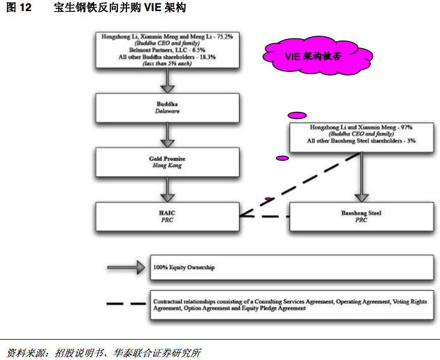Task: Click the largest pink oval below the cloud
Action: (297, 115)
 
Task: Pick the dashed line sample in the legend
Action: (126, 303)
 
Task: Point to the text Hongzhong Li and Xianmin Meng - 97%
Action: (360, 128)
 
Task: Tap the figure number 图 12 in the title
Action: (17, 8)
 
